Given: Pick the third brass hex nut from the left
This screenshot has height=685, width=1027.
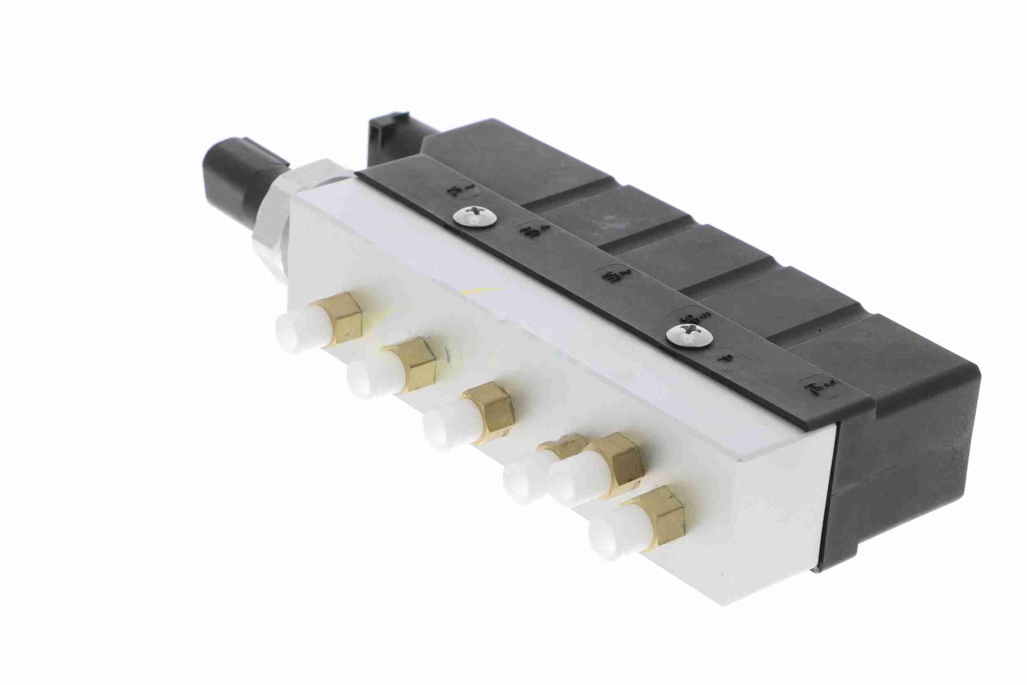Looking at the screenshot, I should coord(490,412).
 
